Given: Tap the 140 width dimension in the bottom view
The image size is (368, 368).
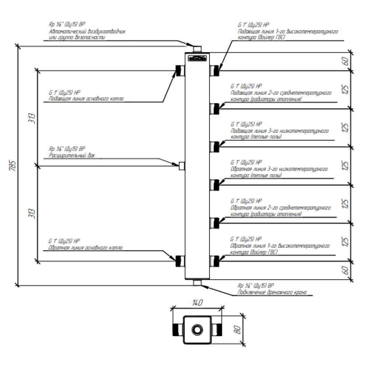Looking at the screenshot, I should pyautogui.click(x=198, y=302).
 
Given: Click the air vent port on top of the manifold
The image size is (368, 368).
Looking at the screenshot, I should pyautogui.click(x=197, y=49).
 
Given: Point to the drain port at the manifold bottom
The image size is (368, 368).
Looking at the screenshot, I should pyautogui.click(x=197, y=282).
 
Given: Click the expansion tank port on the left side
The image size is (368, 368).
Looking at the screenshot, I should pyautogui.click(x=181, y=166).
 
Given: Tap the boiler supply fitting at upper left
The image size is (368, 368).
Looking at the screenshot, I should pyautogui.click(x=180, y=70).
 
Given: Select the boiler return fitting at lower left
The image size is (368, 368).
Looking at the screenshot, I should pyautogui.click(x=180, y=261).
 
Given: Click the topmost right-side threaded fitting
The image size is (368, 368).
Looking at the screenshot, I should pyautogui.click(x=214, y=70).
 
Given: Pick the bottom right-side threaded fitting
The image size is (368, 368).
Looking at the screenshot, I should pyautogui.click(x=214, y=261).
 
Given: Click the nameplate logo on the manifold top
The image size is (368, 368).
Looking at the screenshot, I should pyautogui.click(x=197, y=58).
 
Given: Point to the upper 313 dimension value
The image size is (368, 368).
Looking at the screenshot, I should pyautogui.click(x=32, y=118).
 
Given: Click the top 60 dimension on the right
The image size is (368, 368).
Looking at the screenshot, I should pyautogui.click(x=345, y=61).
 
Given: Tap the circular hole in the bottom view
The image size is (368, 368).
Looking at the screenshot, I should pyautogui.click(x=197, y=329).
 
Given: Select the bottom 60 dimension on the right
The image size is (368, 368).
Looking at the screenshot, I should pyautogui.click(x=345, y=271).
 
